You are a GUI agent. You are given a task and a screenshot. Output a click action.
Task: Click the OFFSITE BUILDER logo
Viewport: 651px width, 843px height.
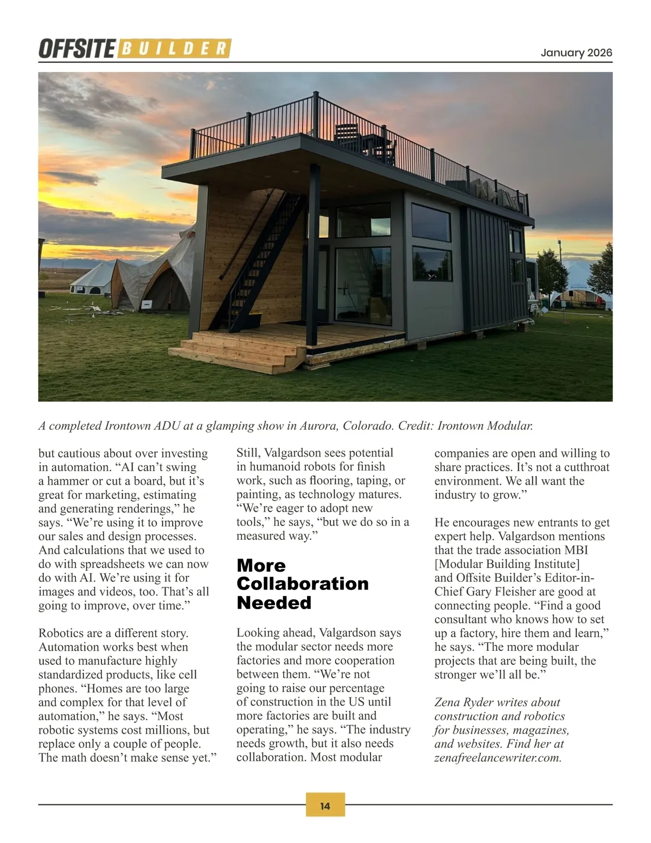click(x=135, y=49)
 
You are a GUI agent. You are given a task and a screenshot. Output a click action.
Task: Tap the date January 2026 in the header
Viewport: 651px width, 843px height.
click(x=576, y=53)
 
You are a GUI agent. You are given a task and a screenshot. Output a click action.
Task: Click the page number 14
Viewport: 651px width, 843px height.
click(x=325, y=806)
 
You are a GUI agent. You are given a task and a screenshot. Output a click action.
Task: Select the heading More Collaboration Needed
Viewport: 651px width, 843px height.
click(x=302, y=584)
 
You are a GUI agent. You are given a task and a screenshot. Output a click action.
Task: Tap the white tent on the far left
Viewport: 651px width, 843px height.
click(x=92, y=278)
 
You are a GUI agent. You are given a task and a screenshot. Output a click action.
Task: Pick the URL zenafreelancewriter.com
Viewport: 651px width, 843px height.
click(x=497, y=758)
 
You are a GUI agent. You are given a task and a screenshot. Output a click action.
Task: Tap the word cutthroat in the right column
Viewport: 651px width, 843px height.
click(x=586, y=467)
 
